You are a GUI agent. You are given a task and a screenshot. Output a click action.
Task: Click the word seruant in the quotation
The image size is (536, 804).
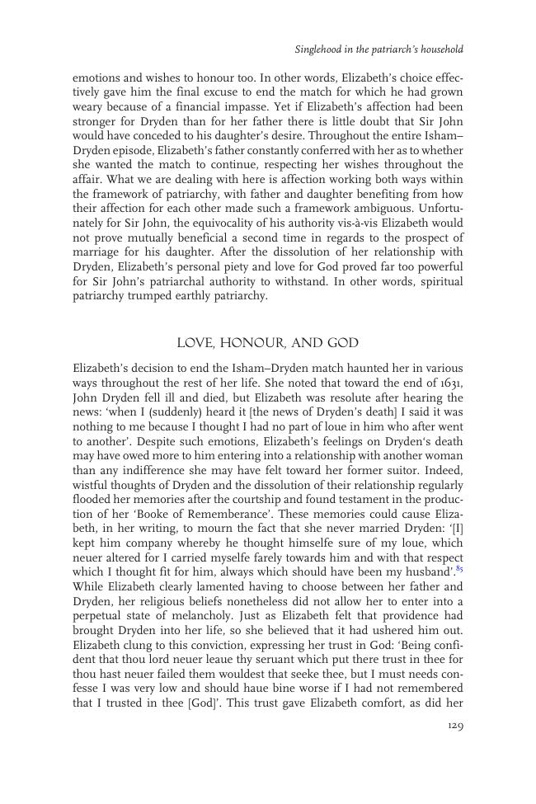[x=251, y=659]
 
